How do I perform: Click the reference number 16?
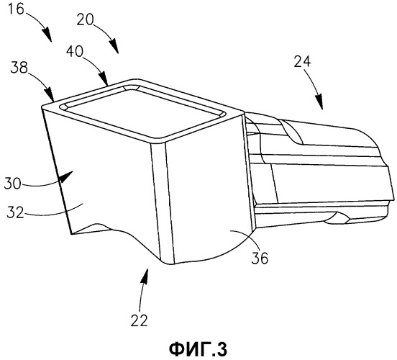pos(17,9)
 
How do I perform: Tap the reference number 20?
pos(85,19)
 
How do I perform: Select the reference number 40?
pos(75,51)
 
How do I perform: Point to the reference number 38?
pos(19,68)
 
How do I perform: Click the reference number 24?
pos(302,61)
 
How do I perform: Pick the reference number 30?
pos(12,184)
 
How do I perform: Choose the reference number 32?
pos(15,212)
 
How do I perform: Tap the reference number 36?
pos(260,258)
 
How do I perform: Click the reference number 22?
pos(140,320)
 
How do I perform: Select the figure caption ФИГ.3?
pos(198,349)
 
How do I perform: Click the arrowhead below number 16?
pos(47,35)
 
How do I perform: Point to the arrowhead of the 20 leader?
pos(113,46)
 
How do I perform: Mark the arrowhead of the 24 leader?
pos(319,102)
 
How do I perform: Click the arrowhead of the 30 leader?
pos(65,176)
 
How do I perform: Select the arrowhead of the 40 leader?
pos(104,78)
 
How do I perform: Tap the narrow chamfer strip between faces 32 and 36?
pos(162,203)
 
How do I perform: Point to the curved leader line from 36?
pos(247,235)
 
